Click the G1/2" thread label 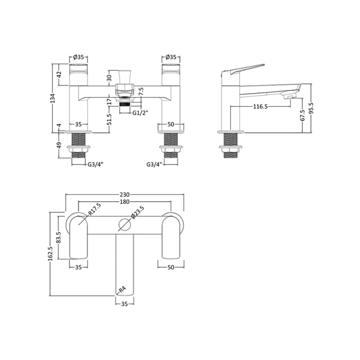point(140,113)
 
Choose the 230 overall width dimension point(125,194)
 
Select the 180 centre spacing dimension point(125,202)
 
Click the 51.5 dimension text point(109,119)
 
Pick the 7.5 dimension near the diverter point(141,92)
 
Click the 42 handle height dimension point(60,75)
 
